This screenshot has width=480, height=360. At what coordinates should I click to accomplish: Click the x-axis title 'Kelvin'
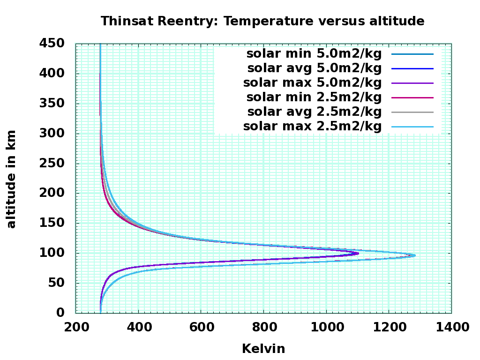pos(263,349)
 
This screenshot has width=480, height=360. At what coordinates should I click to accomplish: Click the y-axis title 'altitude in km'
pos(11,180)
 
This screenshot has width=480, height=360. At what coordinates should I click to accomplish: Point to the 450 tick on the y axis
pos(52,43)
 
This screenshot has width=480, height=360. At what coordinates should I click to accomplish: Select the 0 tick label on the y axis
pos(60,313)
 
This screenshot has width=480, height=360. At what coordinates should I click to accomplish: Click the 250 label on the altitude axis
pos(52,163)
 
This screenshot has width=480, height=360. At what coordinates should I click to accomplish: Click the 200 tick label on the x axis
pos(76,327)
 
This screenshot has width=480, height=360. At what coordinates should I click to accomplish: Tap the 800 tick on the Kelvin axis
pos(264,327)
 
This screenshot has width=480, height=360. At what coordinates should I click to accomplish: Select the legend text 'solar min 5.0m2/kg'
pos(314,54)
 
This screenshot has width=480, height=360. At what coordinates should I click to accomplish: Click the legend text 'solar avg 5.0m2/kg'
pos(315,68)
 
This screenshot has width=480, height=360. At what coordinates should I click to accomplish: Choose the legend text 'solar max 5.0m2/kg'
pos(313,83)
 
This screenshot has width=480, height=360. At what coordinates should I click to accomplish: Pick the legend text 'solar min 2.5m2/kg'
pos(314,97)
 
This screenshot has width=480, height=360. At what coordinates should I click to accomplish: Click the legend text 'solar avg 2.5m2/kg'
pos(315,112)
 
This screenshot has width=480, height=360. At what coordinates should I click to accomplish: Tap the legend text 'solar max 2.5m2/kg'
pos(313,127)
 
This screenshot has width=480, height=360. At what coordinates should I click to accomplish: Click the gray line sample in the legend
pos(412,112)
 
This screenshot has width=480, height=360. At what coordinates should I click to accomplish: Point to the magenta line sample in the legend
pos(412,97)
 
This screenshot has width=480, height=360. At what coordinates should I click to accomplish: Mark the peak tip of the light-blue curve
pos(415,255)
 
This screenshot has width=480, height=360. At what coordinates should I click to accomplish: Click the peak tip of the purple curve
pos(358,253)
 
